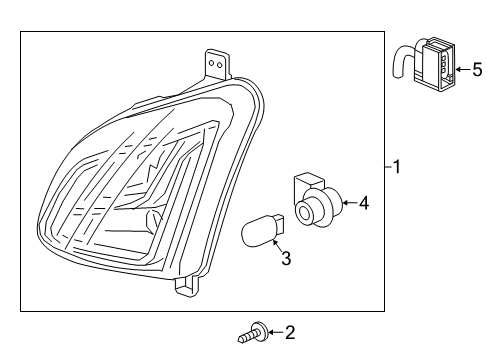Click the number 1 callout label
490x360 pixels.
[397, 168]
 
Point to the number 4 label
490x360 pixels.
[364, 204]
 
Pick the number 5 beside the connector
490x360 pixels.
[477, 69]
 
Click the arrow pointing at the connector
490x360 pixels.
[462, 69]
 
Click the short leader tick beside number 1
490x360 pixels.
[388, 168]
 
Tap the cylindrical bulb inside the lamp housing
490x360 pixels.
[154, 220]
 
